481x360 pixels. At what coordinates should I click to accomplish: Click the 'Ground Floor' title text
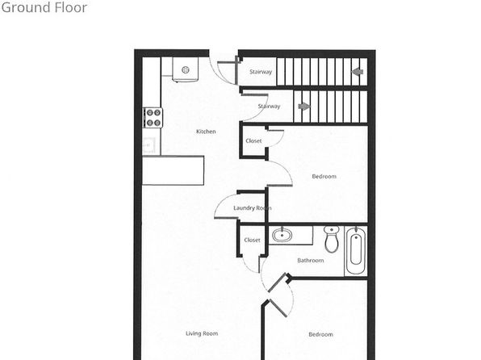click(x=44, y=7)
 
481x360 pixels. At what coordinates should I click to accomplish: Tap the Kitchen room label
click(x=206, y=132)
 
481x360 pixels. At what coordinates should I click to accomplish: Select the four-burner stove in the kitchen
click(x=153, y=118)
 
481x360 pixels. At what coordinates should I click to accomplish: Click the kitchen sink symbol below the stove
click(x=149, y=144)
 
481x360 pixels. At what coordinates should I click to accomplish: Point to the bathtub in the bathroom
click(x=356, y=250)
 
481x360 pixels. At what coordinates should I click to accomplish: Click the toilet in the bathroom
click(x=332, y=239)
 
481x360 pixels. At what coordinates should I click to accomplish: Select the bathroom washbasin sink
click(x=282, y=236)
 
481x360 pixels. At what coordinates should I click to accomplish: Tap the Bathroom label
click(x=311, y=260)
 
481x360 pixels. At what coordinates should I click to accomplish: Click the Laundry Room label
click(x=252, y=207)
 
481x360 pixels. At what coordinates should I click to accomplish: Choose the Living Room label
click(x=202, y=333)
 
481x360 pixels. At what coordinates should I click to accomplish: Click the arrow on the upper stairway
click(x=358, y=72)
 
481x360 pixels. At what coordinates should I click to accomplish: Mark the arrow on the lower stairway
click(x=304, y=107)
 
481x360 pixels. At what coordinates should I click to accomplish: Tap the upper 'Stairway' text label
click(x=261, y=72)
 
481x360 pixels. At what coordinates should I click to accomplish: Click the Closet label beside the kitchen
click(x=253, y=141)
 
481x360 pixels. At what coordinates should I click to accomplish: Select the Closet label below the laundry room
click(x=252, y=240)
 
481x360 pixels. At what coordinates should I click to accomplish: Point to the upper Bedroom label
click(x=324, y=176)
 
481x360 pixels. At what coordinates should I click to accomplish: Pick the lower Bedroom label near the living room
click(x=321, y=334)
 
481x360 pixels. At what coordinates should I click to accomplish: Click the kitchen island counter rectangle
click(x=174, y=170)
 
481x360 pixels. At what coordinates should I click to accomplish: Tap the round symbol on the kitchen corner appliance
click(x=186, y=70)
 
